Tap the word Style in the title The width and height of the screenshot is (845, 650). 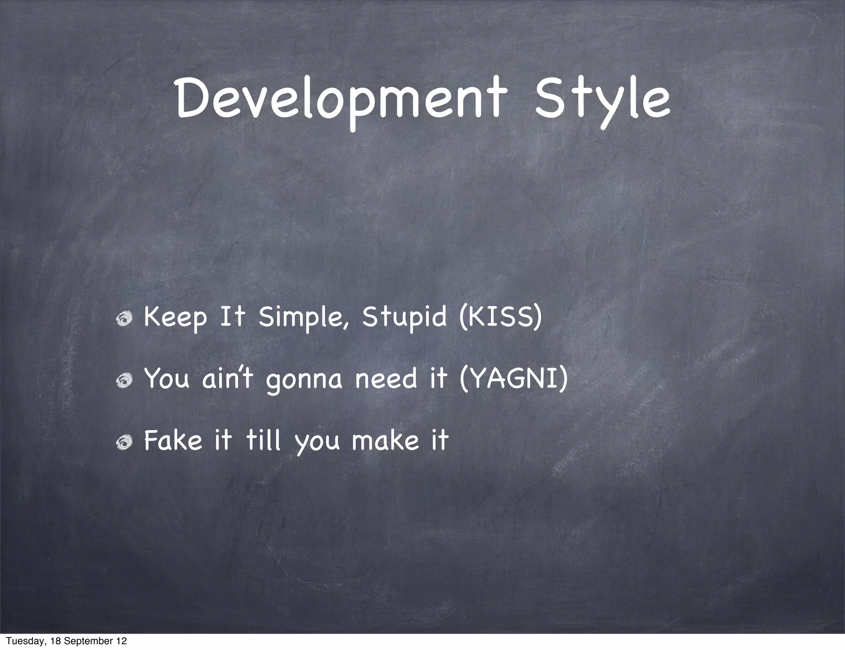click(x=602, y=100)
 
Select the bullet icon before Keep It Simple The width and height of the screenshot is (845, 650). click(x=124, y=318)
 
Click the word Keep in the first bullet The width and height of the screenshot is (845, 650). click(x=175, y=318)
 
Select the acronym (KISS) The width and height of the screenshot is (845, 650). click(x=500, y=318)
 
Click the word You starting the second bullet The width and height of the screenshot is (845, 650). click(x=166, y=379)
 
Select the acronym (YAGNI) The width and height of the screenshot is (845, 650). click(x=514, y=379)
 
